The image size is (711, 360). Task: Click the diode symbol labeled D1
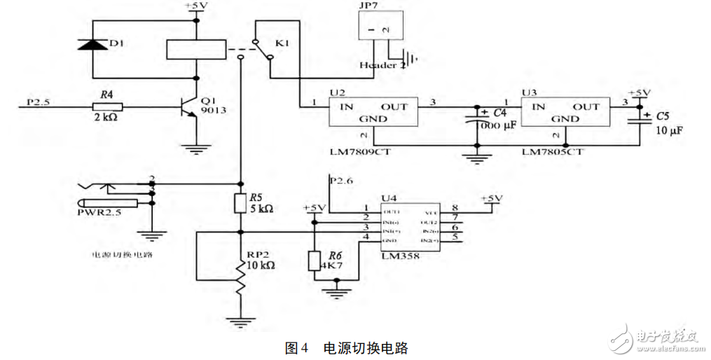90,44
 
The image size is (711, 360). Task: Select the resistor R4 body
107,106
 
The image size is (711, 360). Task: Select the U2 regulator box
373,113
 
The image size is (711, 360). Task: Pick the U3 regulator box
565,113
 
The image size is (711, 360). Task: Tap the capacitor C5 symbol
639,119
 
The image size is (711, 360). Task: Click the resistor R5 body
240,203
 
